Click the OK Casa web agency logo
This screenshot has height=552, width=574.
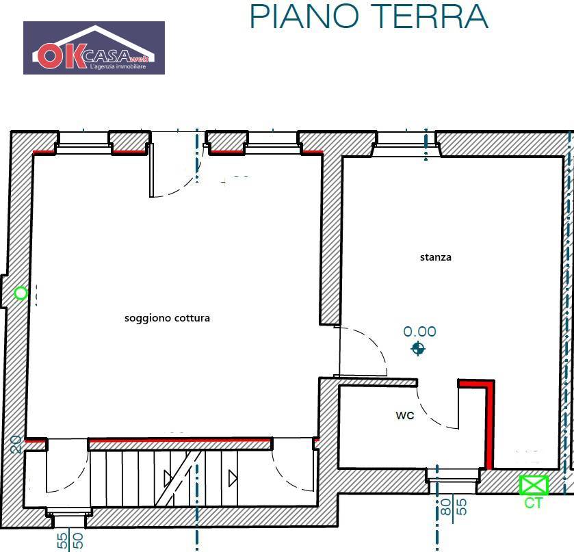pos(94,48)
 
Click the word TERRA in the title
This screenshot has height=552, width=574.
pos(432,16)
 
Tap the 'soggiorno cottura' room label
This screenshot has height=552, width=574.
pos(167,318)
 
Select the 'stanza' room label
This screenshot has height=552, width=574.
pos(435,258)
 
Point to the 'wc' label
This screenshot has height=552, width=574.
pos(404,415)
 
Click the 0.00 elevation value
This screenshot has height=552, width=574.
pos(419,332)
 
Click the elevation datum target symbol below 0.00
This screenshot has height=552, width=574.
pos(418,350)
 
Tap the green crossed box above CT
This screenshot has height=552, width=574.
pos(534,485)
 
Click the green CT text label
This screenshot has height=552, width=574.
pos(534,503)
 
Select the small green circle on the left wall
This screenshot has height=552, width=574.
pos(21,293)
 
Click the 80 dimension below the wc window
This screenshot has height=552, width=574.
pos(446,507)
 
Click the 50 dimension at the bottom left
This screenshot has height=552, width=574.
pos(78,541)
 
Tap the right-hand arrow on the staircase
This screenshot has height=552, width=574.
pos(233,477)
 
